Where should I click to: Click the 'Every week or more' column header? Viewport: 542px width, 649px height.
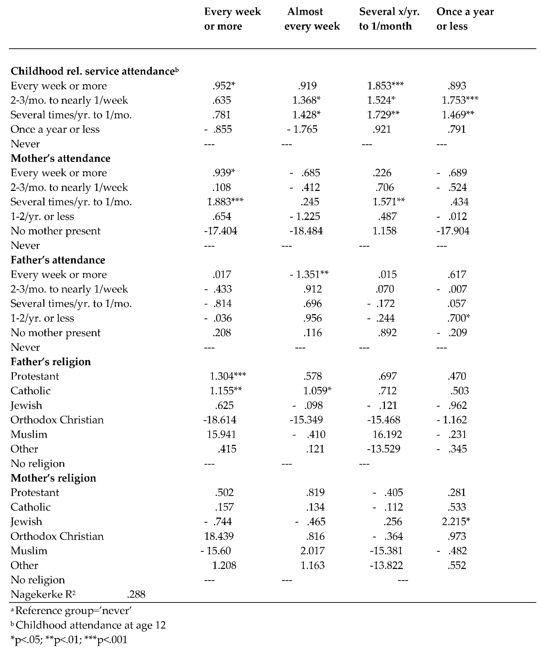point(232,19)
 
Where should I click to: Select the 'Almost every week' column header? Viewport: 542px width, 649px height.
point(312,19)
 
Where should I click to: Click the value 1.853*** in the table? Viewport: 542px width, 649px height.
point(385,86)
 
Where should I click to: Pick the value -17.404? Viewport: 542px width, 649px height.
point(221,231)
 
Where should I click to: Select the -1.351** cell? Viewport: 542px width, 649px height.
point(309,274)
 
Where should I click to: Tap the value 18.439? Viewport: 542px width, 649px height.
point(219,536)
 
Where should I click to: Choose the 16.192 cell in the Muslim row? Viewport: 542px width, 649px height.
point(387,435)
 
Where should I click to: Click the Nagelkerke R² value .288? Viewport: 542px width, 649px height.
point(136,594)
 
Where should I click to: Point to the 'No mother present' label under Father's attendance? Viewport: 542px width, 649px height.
point(56,333)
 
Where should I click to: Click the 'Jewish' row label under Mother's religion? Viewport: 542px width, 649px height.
point(26,522)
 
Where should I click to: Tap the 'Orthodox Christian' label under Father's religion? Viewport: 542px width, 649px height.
point(57,420)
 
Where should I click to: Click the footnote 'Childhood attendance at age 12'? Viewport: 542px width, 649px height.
point(91,625)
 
